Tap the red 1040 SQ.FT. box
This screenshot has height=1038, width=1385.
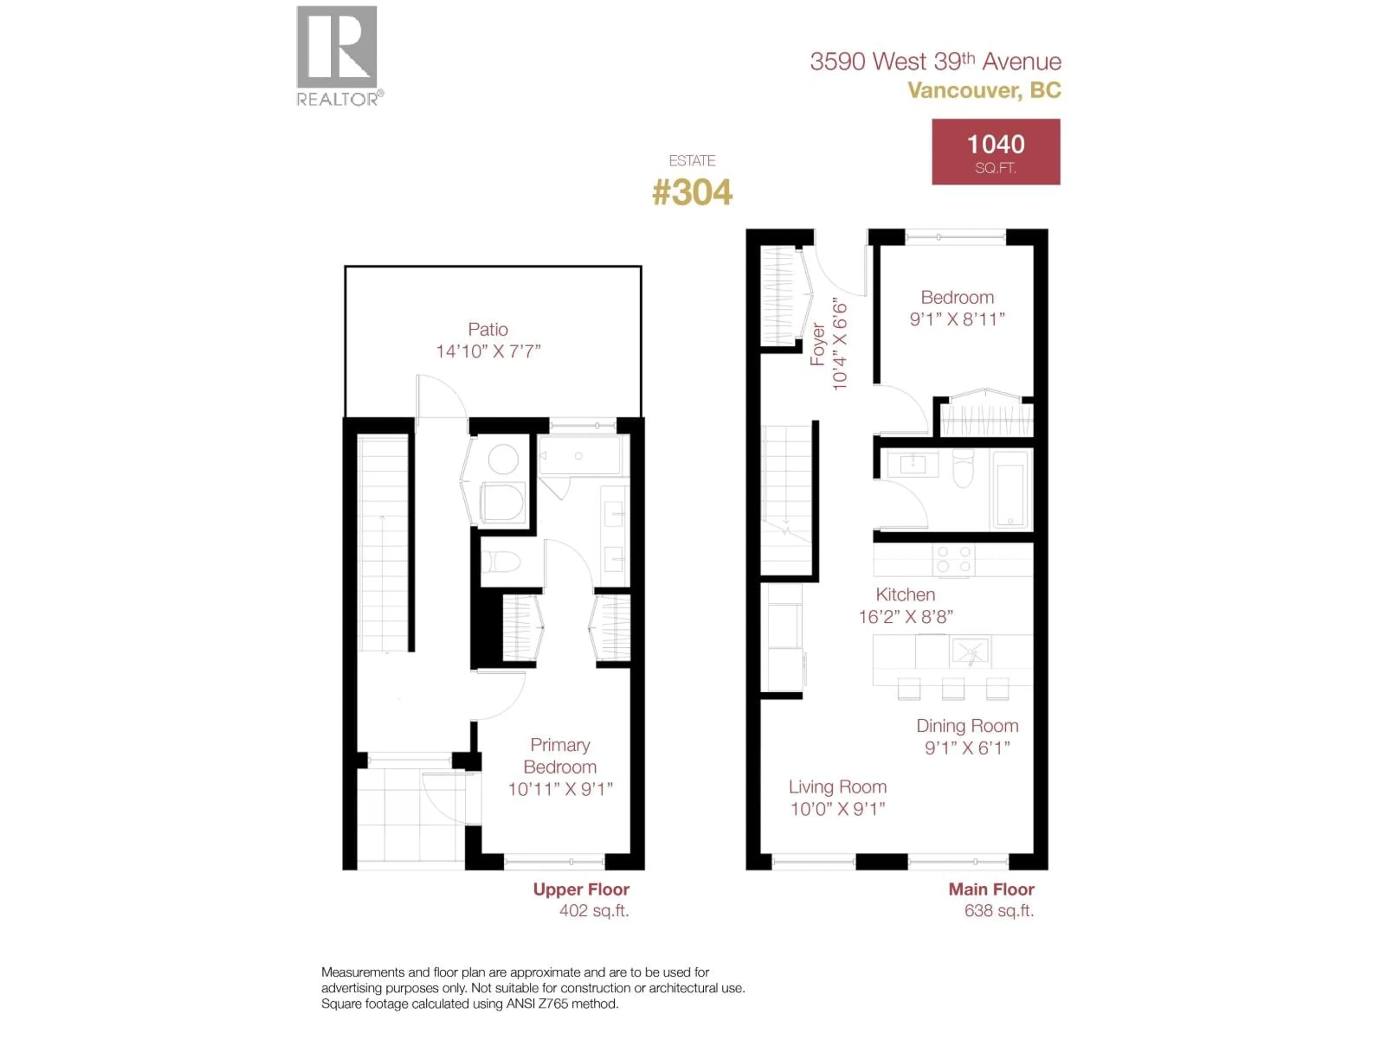(995, 152)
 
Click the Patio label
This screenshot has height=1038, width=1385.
(488, 330)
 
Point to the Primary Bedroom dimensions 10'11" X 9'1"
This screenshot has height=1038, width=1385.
(560, 790)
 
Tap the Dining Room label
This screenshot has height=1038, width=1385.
(967, 726)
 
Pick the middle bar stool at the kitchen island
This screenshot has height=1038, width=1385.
(953, 689)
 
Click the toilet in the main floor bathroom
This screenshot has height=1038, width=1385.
(963, 469)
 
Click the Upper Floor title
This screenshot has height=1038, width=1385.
(581, 890)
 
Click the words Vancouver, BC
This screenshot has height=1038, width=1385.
(984, 91)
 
